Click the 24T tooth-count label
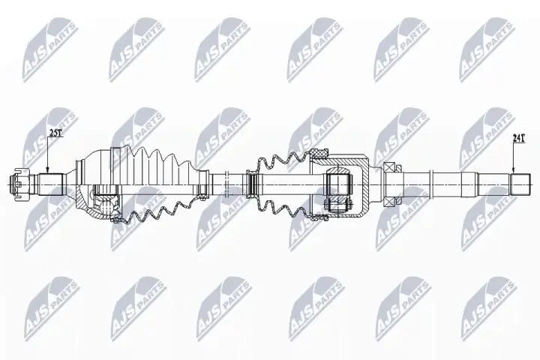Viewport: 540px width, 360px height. [518, 137]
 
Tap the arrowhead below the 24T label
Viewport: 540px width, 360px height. [513, 171]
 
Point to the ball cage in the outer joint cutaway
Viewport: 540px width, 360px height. [109, 201]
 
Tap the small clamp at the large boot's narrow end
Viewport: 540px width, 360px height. [205, 183]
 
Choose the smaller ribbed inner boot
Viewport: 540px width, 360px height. [281, 184]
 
